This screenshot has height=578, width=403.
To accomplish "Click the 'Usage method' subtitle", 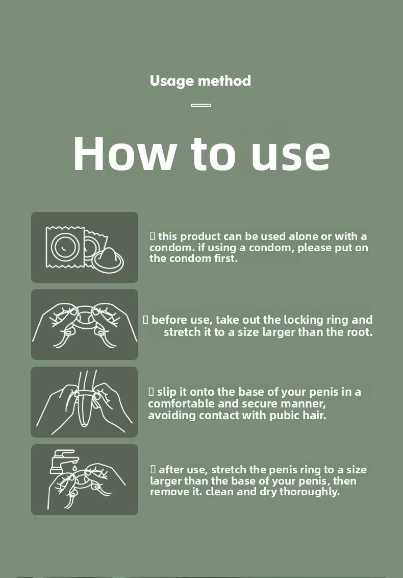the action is point(200,81).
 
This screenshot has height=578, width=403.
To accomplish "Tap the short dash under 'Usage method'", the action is point(201,105).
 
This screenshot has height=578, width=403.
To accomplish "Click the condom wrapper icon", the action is point(65,247).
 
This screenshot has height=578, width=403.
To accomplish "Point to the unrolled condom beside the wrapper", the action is point(108,259).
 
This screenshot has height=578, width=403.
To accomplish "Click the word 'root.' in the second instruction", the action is point(360,332).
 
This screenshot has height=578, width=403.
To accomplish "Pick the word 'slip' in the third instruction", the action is point(167,392).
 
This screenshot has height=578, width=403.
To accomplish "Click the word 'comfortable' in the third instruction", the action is point(181,404).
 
